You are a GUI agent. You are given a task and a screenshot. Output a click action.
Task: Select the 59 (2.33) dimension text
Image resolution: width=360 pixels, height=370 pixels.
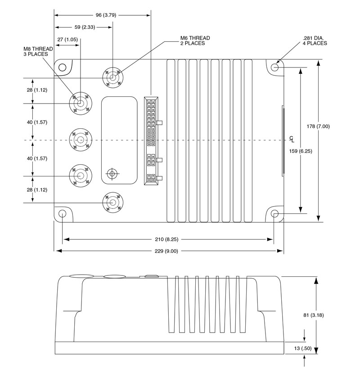tap(84, 27)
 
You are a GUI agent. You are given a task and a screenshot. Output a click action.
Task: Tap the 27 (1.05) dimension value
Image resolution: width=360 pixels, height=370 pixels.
tap(67, 40)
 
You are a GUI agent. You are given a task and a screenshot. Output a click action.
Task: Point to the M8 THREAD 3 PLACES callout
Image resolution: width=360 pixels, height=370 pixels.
tap(38, 51)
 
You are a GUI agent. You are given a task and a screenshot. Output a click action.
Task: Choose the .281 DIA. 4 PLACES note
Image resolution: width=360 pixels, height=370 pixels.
tap(315, 41)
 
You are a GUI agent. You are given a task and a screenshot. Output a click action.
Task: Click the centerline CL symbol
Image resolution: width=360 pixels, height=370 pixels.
tap(292, 139)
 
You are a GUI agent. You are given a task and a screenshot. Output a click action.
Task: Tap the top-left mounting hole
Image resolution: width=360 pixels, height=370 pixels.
tap(62, 68)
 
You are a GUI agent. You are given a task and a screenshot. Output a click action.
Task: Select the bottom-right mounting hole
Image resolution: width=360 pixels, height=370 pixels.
tap(275, 213)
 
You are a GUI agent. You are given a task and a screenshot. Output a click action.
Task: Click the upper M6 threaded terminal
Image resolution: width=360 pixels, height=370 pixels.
tap(112, 77)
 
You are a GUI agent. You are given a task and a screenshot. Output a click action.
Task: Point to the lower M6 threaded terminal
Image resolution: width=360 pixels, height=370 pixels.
tap(112, 203)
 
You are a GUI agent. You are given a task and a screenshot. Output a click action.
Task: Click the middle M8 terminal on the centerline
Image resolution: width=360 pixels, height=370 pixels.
tap(81, 140)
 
